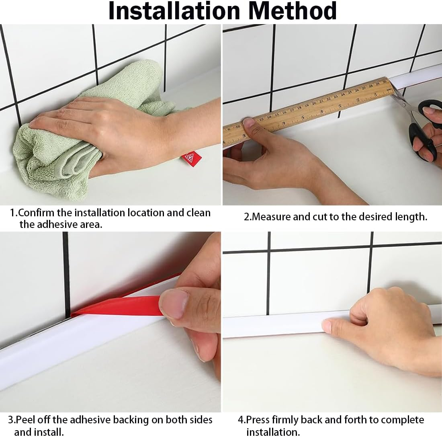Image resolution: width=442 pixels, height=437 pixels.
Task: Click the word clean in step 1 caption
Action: (198, 213)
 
